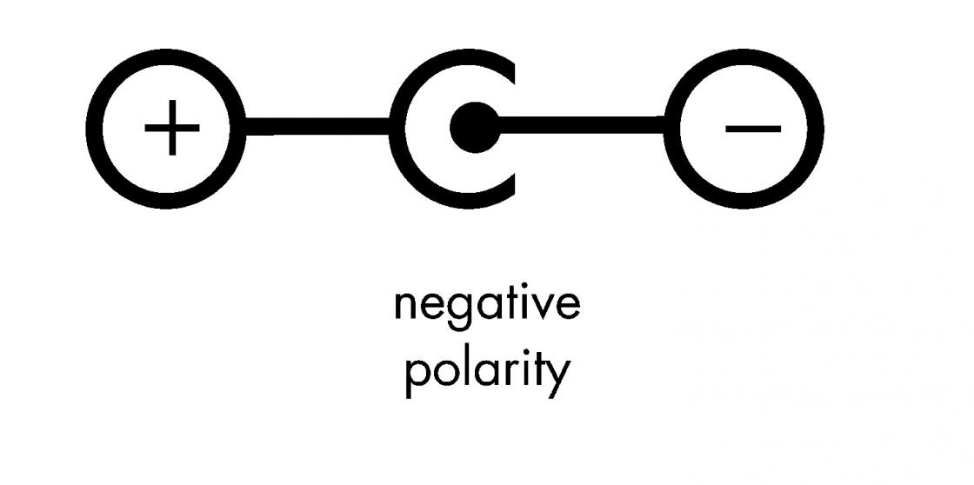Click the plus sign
pyautogui.click(x=172, y=129)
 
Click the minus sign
pyautogui.click(x=752, y=129)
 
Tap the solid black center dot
pyautogui.click(x=474, y=129)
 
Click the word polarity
pyautogui.click(x=486, y=369)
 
